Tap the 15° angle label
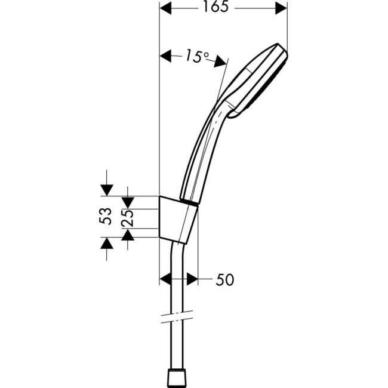(197, 57)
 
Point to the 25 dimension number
(127, 215)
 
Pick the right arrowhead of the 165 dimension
(281, 9)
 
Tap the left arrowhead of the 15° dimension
(167, 57)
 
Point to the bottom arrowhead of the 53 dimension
(106, 242)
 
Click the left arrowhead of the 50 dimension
(167, 279)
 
